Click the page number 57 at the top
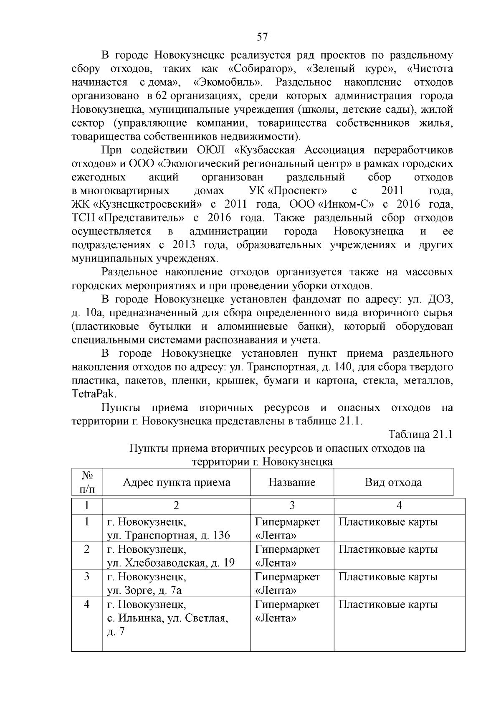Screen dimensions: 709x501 point(262,37)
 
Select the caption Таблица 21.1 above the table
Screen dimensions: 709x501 point(420,435)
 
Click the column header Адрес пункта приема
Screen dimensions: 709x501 point(176,483)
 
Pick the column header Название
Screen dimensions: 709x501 point(292,483)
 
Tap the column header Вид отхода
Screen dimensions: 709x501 point(393,483)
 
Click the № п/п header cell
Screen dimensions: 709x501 point(87,483)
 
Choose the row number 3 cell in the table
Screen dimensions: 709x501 point(87,577)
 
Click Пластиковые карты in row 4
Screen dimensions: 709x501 point(388,605)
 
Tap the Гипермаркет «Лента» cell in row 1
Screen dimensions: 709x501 point(288,529)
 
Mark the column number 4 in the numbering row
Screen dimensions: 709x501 point(399,506)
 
